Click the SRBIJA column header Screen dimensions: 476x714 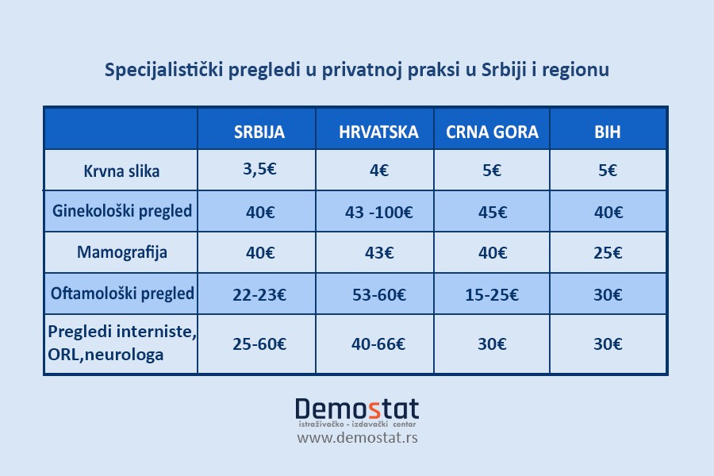coord(259,132)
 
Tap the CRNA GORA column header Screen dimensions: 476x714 coord(493,132)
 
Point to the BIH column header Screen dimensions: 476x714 coord(608,132)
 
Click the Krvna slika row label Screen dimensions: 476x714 coord(121,171)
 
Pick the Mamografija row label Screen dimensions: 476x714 coord(121,253)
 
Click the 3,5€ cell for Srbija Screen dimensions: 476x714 coord(259,170)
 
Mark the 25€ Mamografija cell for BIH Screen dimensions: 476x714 coord(608,253)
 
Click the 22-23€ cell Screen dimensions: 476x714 coord(259,294)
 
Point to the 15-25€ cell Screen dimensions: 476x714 coord(493,294)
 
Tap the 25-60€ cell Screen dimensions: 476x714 coord(259,344)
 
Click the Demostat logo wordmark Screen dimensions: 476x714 coord(357,409)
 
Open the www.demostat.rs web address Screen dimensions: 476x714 coord(357,437)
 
